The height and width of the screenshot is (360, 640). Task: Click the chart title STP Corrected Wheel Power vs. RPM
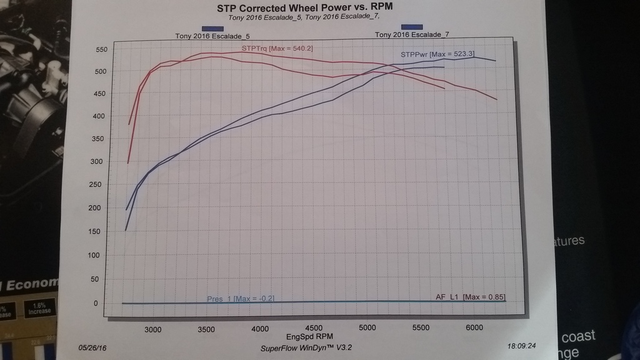click(x=305, y=8)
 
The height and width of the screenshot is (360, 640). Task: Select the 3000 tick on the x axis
click(x=153, y=328)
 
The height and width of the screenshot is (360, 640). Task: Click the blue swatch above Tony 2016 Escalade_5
click(x=213, y=28)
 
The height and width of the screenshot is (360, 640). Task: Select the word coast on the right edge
click(x=578, y=336)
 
